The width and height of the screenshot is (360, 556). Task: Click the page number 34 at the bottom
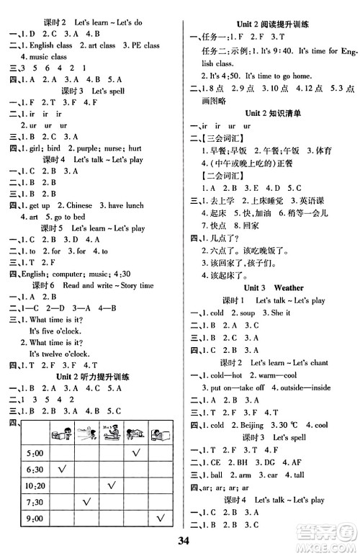point(180,542)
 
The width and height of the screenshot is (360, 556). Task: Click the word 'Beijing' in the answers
point(253,424)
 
